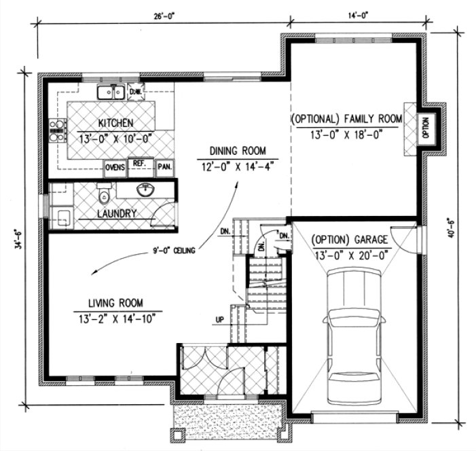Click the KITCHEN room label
point(115,123)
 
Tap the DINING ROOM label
point(237,151)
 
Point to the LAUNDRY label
point(117,213)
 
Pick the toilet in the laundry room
point(104,196)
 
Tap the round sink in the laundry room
point(146,190)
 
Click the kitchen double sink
point(109,92)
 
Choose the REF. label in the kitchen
point(139,164)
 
